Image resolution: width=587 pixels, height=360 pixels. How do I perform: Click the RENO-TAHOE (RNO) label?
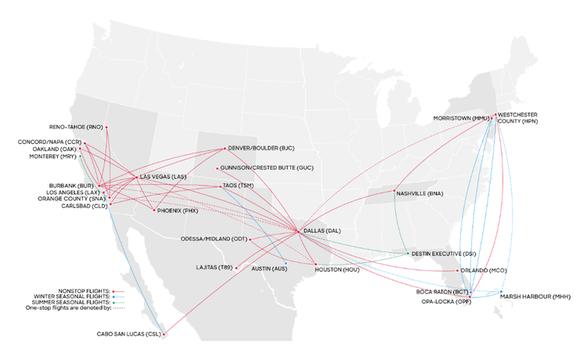tap(76, 127)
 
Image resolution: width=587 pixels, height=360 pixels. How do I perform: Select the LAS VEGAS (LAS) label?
tap(164, 177)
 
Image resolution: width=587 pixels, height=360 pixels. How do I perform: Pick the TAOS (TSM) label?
tap(239, 185)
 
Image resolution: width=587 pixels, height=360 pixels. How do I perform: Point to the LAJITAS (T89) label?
tap(215, 268)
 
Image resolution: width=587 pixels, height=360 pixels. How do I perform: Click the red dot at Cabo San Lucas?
tap(164, 335)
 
